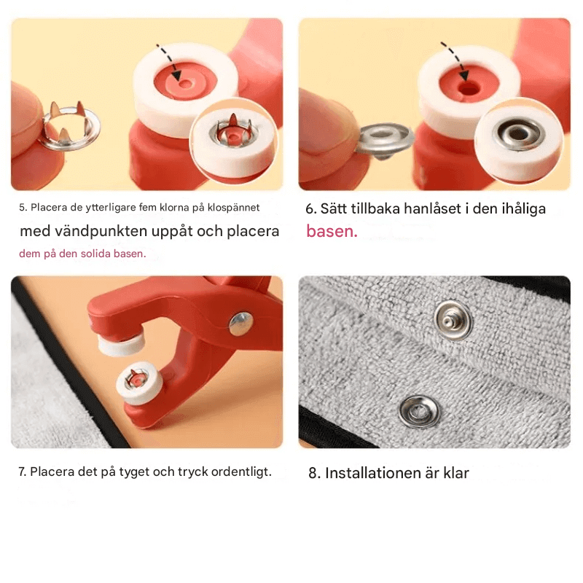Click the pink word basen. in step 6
point(332,232)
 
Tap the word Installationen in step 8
point(372,473)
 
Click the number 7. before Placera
point(23,472)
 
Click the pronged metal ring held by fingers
point(68,127)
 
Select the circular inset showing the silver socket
point(517,138)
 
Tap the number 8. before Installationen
point(314,473)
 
